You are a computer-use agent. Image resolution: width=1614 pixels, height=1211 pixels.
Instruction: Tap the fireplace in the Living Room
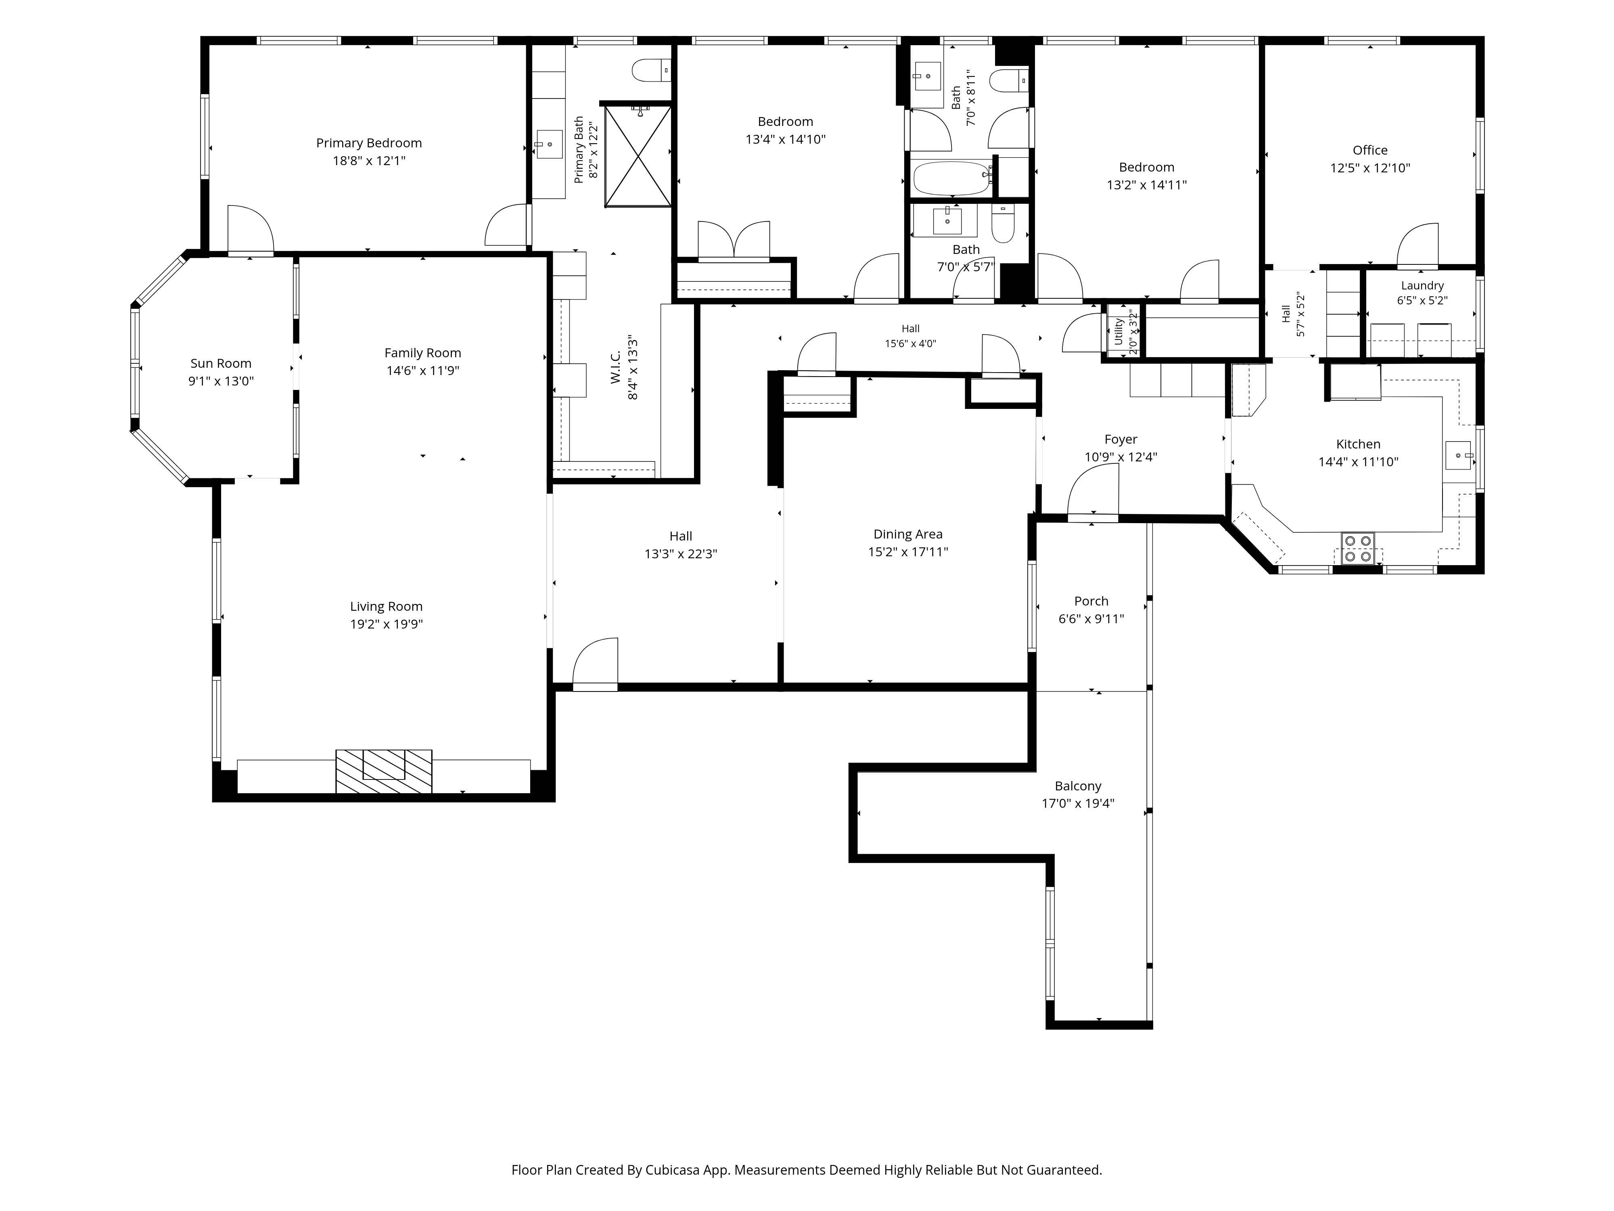point(384,771)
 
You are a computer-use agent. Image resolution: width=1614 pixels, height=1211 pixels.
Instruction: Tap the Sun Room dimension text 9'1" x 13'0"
point(221,381)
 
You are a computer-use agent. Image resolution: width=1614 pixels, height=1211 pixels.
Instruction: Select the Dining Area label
point(908,534)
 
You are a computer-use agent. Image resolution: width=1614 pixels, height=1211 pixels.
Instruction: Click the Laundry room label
point(1422,285)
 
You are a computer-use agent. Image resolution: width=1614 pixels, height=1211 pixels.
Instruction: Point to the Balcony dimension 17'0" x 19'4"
point(1078,804)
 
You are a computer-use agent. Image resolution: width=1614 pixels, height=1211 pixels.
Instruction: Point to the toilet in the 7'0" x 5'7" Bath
point(1004,223)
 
